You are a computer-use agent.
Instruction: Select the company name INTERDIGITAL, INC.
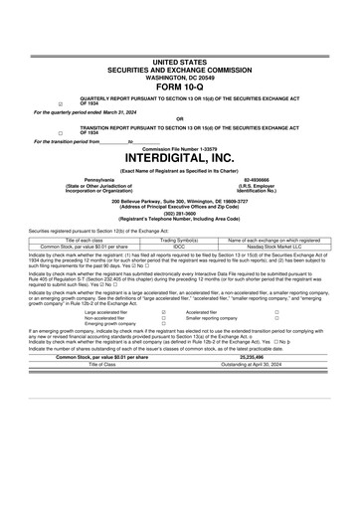pos(179,158)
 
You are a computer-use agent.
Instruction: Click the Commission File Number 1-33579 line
pos(179,148)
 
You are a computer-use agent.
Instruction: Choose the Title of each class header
pos(72,240)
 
